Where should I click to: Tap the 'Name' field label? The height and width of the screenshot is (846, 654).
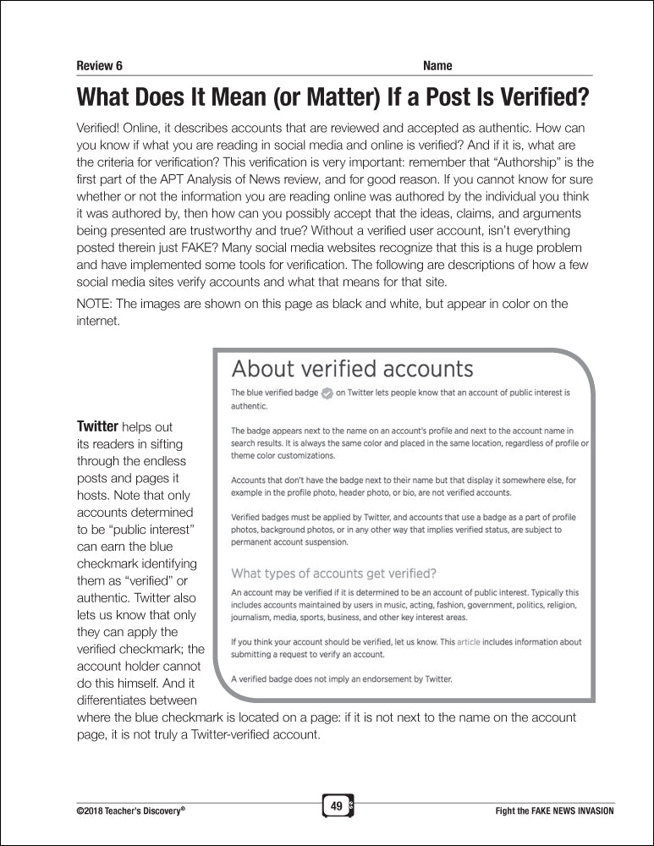pos(437,66)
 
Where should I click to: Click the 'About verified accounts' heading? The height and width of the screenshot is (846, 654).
pos(352,369)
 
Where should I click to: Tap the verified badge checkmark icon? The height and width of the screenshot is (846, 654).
pos(327,393)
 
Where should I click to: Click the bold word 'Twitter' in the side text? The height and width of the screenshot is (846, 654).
pos(98,427)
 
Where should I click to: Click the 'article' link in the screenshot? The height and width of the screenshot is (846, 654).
pos(468,642)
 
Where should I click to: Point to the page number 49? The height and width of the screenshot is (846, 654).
pos(337,806)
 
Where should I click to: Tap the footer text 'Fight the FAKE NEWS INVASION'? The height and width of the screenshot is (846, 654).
pos(554,810)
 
